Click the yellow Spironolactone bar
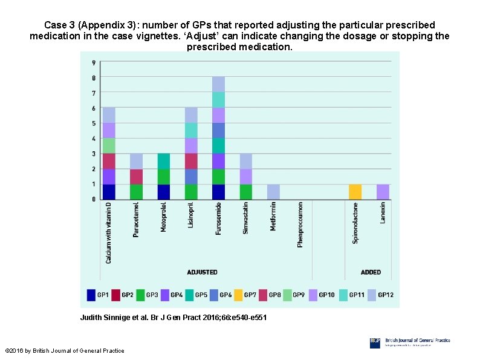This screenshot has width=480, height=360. [x=355, y=191]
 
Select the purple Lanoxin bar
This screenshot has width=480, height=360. [x=383, y=191]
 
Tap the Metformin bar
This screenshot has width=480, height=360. [x=273, y=191]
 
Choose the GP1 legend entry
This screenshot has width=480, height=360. [x=98, y=295]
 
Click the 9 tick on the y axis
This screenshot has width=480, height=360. [x=93, y=63]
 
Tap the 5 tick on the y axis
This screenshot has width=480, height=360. [x=93, y=123]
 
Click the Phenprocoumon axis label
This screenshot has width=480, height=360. [x=300, y=224]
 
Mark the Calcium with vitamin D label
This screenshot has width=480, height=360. [x=109, y=232]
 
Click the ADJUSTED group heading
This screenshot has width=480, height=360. [x=202, y=272]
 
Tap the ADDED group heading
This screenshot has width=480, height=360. [x=371, y=272]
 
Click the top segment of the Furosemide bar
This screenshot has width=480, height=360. [x=218, y=84]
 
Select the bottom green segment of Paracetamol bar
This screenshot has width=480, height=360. [x=137, y=191]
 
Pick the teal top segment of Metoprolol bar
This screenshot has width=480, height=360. [x=164, y=161]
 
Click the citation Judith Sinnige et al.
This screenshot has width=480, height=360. [x=173, y=318]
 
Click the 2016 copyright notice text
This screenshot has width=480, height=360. [x=64, y=351]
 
